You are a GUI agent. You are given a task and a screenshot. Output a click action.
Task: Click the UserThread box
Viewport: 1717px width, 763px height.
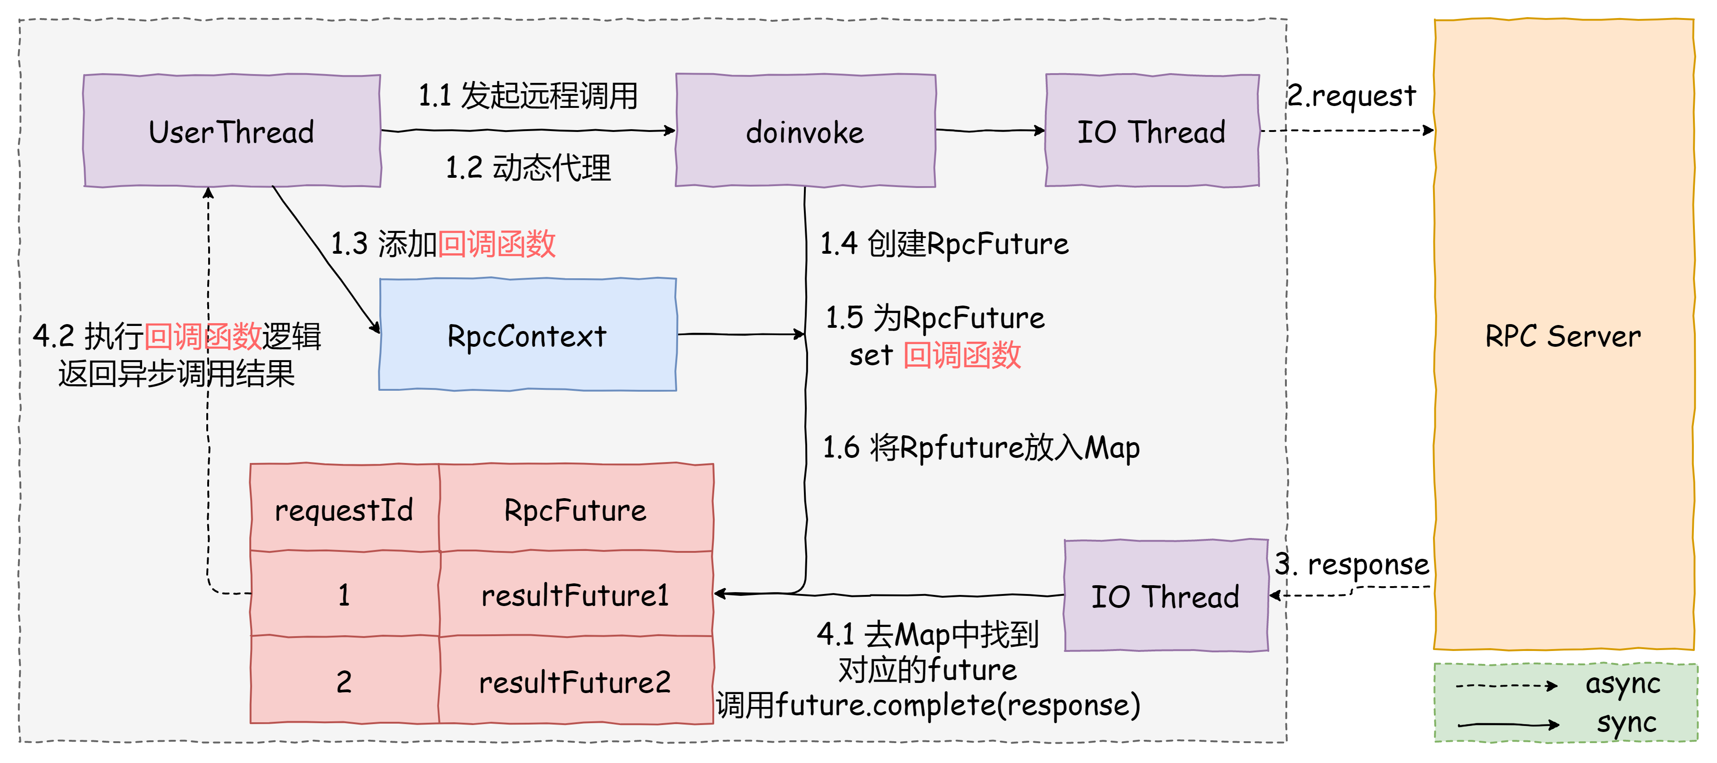[231, 131]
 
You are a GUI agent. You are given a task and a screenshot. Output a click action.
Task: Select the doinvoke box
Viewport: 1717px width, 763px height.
[805, 131]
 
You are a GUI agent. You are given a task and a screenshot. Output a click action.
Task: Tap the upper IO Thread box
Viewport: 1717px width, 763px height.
[1152, 131]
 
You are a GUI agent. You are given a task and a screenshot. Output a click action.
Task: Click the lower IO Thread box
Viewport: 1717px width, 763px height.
[1165, 595]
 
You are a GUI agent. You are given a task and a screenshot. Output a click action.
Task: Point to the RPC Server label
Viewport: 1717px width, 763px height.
[1563, 336]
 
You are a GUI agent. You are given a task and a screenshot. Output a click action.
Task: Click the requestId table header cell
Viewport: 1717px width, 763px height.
[344, 510]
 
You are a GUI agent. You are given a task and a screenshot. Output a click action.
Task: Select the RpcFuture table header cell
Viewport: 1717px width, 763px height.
[575, 510]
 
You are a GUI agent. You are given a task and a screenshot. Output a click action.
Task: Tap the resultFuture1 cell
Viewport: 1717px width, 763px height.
[575, 595]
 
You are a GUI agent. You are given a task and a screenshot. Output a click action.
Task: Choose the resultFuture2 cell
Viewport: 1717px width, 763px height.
[575, 682]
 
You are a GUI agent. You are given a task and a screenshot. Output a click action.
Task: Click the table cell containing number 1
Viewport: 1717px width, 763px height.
[344, 595]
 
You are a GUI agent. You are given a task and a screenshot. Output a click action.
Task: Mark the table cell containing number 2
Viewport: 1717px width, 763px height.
[344, 682]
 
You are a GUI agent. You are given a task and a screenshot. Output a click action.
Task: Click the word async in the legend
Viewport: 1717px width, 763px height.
[1622, 684]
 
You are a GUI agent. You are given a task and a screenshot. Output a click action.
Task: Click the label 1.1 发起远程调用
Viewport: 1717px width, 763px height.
[528, 95]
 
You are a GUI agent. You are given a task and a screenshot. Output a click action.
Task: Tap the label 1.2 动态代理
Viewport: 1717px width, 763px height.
[528, 168]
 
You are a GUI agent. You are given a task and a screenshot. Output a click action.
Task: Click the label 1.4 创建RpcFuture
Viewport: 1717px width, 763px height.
[944, 244]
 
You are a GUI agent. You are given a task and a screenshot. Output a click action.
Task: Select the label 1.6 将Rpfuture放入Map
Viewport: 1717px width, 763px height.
[981, 448]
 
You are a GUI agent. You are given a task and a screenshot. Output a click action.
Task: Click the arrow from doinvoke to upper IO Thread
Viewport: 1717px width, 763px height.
[990, 131]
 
